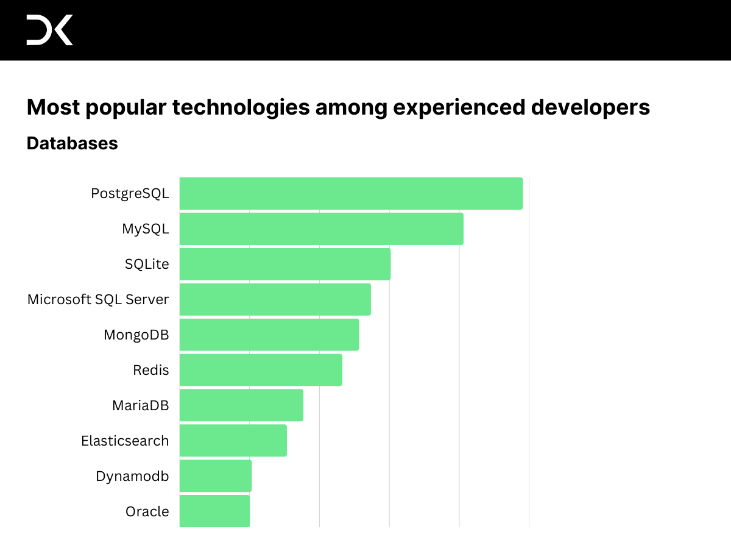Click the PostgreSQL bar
click(x=351, y=193)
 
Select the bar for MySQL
click(x=321, y=229)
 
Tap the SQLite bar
click(x=284, y=264)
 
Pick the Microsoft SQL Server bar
click(x=275, y=299)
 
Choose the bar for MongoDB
click(x=269, y=335)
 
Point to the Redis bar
click(x=261, y=370)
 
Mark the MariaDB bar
click(x=241, y=405)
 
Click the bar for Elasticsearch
click(x=233, y=441)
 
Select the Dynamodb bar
click(x=215, y=476)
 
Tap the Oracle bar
click(x=214, y=511)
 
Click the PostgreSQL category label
click(x=130, y=193)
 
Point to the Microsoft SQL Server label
click(x=98, y=299)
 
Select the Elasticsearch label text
click(x=125, y=441)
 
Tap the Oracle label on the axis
click(x=147, y=511)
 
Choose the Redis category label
click(x=151, y=370)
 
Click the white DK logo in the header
click(x=49, y=30)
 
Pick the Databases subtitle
click(x=72, y=143)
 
